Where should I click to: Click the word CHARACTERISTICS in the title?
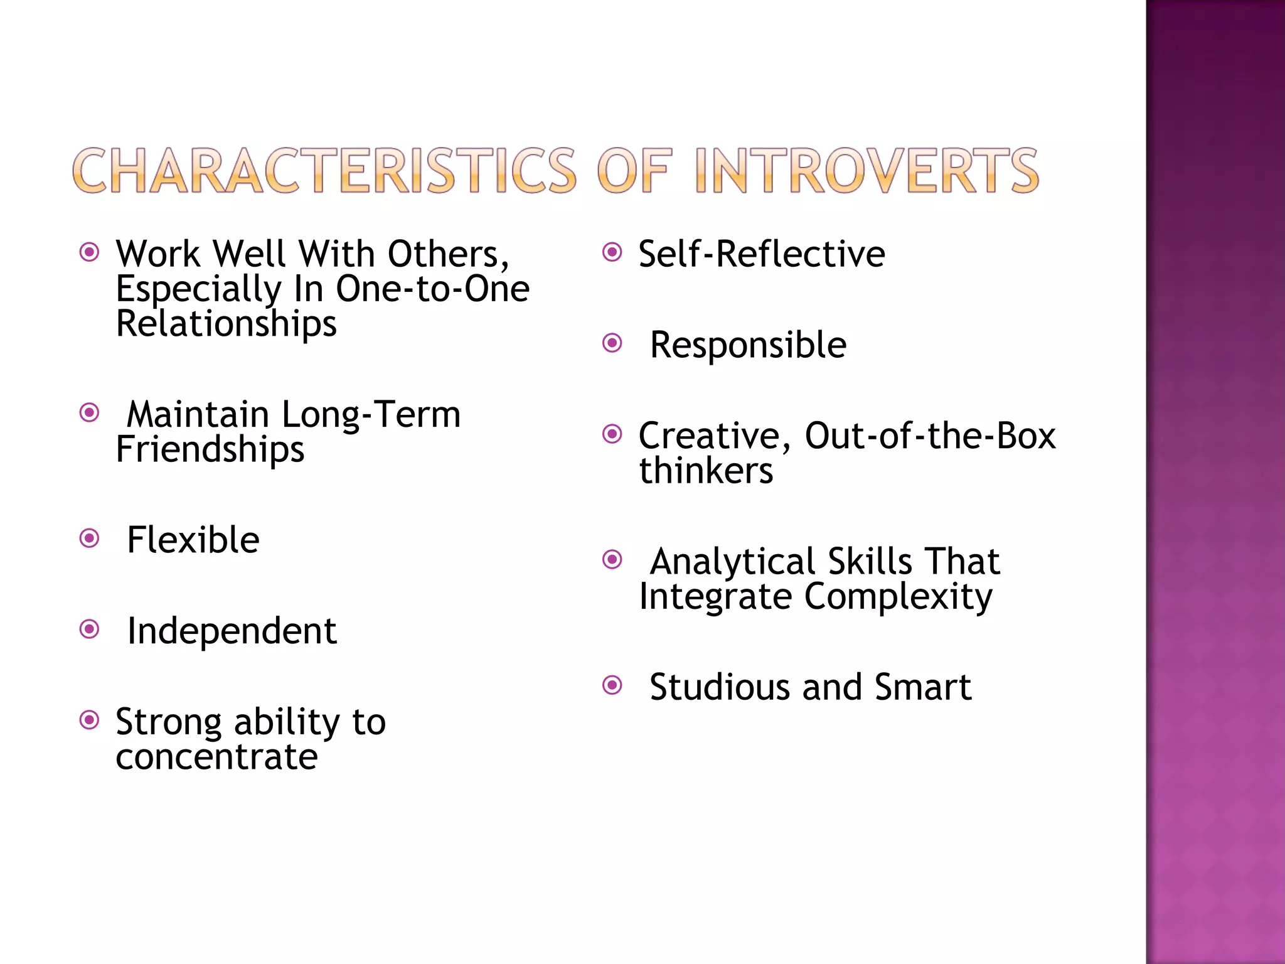coord(324,171)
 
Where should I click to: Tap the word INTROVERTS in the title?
coord(866,171)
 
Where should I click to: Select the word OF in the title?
coord(634,171)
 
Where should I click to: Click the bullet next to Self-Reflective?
coord(612,252)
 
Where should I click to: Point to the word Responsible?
coord(748,345)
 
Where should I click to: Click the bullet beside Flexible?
coord(90,538)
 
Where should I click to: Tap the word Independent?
coord(232,631)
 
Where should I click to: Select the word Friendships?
coord(210,450)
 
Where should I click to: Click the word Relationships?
coord(227,324)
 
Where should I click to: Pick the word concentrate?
coord(216,757)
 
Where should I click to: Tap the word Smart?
coord(923,687)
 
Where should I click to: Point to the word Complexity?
coord(898,597)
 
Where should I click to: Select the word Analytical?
coord(732,561)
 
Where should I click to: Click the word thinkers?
coord(706,471)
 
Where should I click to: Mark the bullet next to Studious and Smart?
coord(612,685)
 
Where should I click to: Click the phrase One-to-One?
coord(433,289)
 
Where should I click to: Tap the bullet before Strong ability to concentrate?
coord(90,720)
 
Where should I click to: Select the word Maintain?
coord(198,415)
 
